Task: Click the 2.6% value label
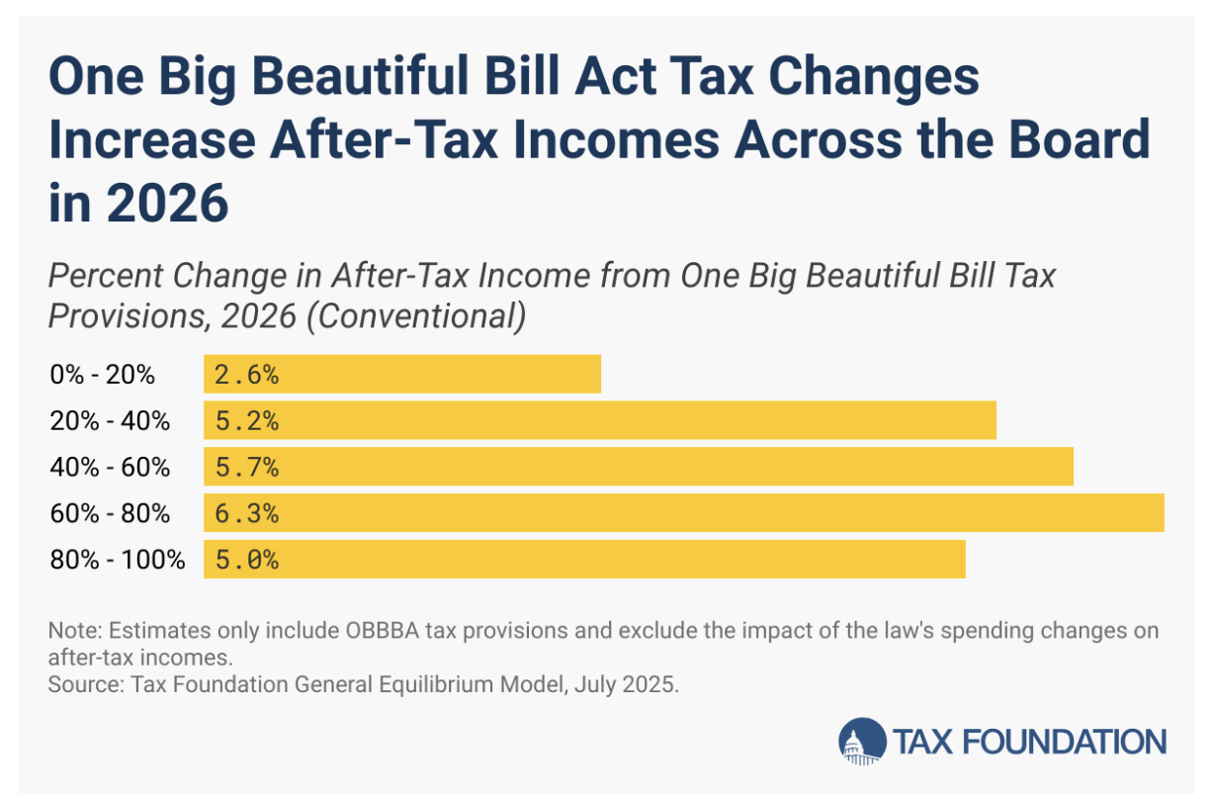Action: coord(246,374)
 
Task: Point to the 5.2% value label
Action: coord(246,420)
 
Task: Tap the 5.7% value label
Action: coord(246,467)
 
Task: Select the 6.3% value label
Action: coord(246,513)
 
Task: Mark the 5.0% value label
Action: coord(246,560)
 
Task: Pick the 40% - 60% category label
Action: coord(110,468)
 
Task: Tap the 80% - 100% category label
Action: coord(118,561)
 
